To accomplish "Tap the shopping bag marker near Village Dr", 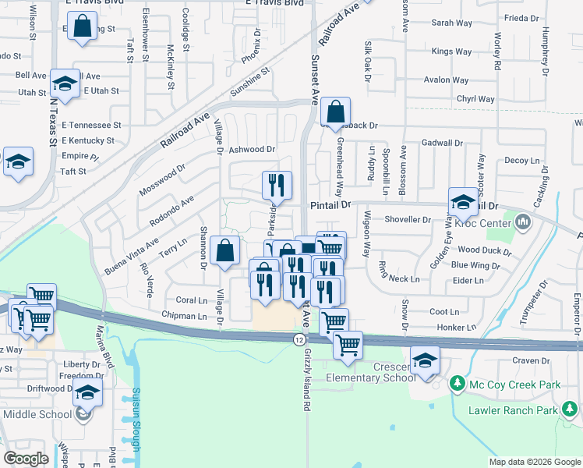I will tap(224, 252).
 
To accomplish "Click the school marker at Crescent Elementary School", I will tap(425, 361).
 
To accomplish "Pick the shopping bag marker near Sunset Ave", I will tap(335, 113).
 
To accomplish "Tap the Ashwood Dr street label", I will tap(253, 149).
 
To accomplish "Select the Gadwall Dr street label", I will tap(441, 144).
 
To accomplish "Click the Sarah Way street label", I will tap(453, 23).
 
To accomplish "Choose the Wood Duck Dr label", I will tap(484, 250).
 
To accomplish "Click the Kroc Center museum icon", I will tap(523, 225).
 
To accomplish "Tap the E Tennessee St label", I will tap(92, 125).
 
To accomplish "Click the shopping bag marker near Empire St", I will tap(83, 28).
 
